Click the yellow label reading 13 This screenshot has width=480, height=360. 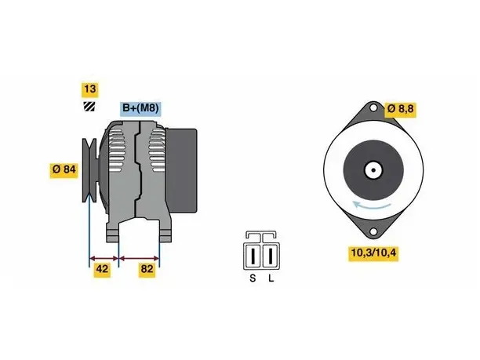(x=89, y=89)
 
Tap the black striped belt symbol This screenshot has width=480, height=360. (x=89, y=107)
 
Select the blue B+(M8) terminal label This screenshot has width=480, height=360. (x=140, y=108)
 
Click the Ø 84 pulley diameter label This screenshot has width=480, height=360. (x=64, y=169)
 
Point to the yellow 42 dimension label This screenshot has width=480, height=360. (x=102, y=269)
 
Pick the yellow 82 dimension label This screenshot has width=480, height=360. (x=147, y=269)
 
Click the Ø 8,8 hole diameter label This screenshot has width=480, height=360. (x=401, y=109)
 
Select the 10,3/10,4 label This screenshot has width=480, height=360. (x=373, y=253)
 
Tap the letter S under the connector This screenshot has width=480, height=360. (x=253, y=278)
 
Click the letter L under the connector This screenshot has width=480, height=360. (x=271, y=278)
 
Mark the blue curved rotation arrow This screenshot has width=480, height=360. (x=372, y=205)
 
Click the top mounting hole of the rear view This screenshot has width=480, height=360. (x=373, y=108)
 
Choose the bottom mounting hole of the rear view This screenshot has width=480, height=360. (x=373, y=231)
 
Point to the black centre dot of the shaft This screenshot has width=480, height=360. (x=373, y=170)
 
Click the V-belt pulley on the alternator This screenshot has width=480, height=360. (x=89, y=170)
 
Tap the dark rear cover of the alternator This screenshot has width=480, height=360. (x=181, y=170)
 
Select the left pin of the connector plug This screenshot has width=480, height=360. (x=253, y=256)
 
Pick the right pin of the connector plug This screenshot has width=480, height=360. (x=271, y=256)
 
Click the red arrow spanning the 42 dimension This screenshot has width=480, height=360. (x=104, y=258)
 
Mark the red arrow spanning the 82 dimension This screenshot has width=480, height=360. (x=139, y=258)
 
